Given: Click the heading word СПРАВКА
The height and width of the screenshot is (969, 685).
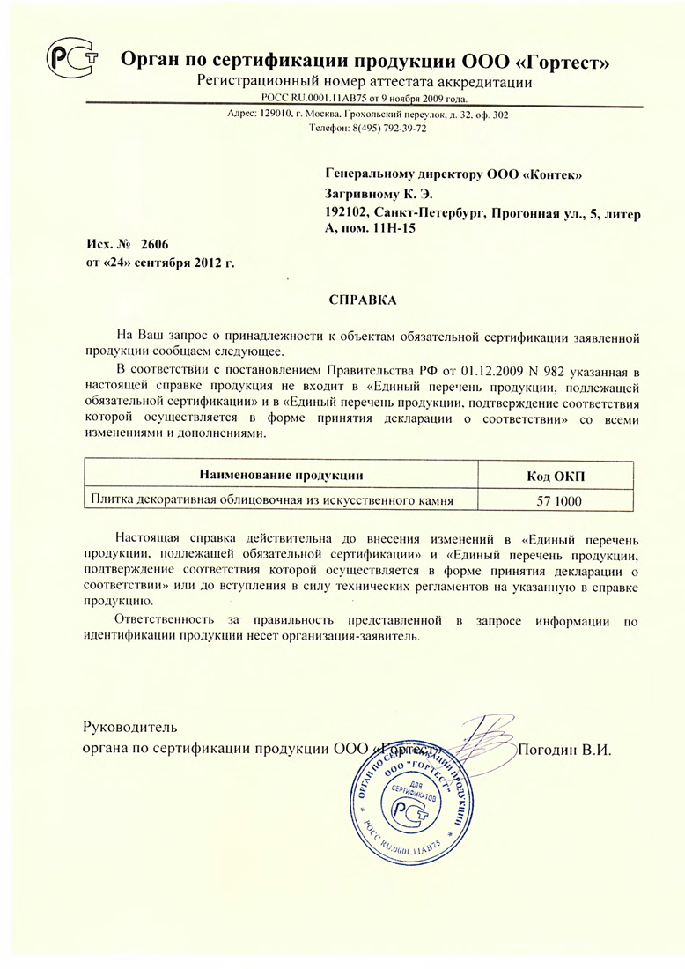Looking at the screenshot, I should pos(363,300).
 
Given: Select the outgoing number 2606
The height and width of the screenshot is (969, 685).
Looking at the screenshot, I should pos(153,244).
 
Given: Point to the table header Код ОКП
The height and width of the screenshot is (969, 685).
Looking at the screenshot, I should pos(555,476).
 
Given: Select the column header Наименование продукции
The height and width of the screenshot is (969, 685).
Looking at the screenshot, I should pos(282,476).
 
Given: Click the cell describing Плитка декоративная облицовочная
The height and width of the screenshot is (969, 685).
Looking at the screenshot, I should pos(270,502).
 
